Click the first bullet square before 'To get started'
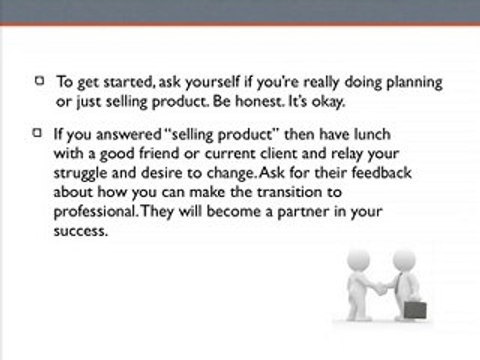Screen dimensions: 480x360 click(x=40, y=81)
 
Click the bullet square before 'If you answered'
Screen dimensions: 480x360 click(x=37, y=133)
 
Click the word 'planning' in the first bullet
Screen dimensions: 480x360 click(x=414, y=83)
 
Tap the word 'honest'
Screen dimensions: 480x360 click(x=259, y=101)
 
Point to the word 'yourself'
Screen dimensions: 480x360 click(x=213, y=83)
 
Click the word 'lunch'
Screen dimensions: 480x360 click(x=372, y=134)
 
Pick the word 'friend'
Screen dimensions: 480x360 click(x=159, y=153)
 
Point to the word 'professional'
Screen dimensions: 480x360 click(x=95, y=212)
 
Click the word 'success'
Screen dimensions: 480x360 click(x=81, y=231)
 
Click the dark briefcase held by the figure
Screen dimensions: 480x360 click(x=415, y=309)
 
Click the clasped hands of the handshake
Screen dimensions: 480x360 click(x=381, y=288)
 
